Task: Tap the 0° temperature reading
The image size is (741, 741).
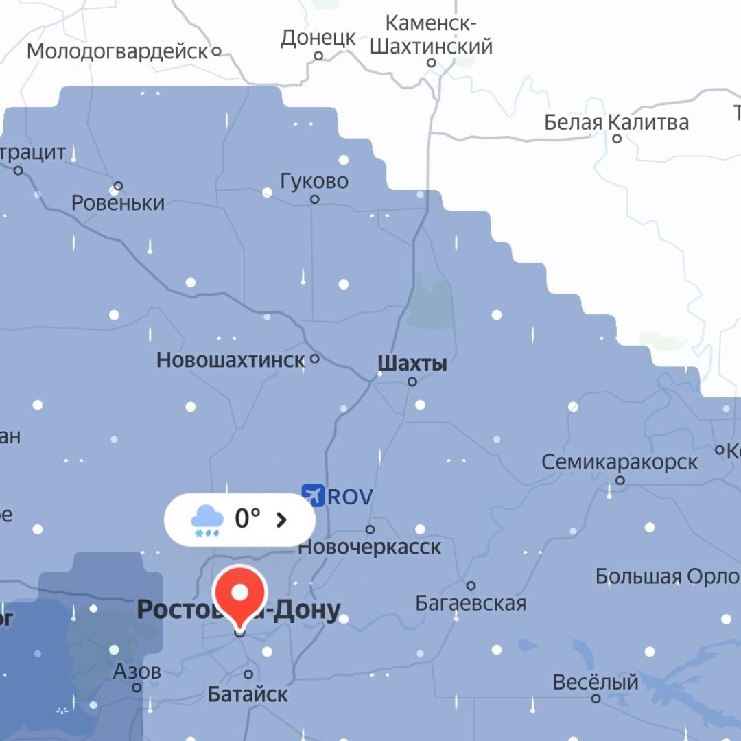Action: pyautogui.click(x=248, y=519)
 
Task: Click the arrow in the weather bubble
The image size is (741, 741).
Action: pyautogui.click(x=281, y=519)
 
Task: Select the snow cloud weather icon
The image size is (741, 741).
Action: pyautogui.click(x=207, y=520)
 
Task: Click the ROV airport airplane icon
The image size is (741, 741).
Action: pyautogui.click(x=312, y=495)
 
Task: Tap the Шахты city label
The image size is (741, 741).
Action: pyautogui.click(x=412, y=363)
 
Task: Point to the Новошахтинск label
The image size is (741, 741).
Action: pyautogui.click(x=231, y=360)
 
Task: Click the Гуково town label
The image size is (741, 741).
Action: pyautogui.click(x=314, y=181)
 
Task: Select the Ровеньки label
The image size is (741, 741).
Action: pyautogui.click(x=118, y=203)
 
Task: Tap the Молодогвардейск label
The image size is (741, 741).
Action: pyautogui.click(x=117, y=51)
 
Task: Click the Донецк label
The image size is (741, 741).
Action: pyautogui.click(x=318, y=38)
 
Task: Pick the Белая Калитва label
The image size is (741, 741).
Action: pyautogui.click(x=616, y=122)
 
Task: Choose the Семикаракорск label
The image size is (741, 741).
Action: pyautogui.click(x=620, y=462)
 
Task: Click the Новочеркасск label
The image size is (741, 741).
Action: pyautogui.click(x=370, y=547)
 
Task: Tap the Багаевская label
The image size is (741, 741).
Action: pyautogui.click(x=471, y=603)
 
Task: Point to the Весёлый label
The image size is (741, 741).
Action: pyautogui.click(x=596, y=683)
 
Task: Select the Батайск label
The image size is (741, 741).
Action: pyautogui.click(x=248, y=694)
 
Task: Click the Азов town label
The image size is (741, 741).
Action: pyautogui.click(x=137, y=670)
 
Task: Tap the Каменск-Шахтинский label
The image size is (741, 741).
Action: pyautogui.click(x=431, y=34)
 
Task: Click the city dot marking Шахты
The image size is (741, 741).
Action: pyautogui.click(x=412, y=381)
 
